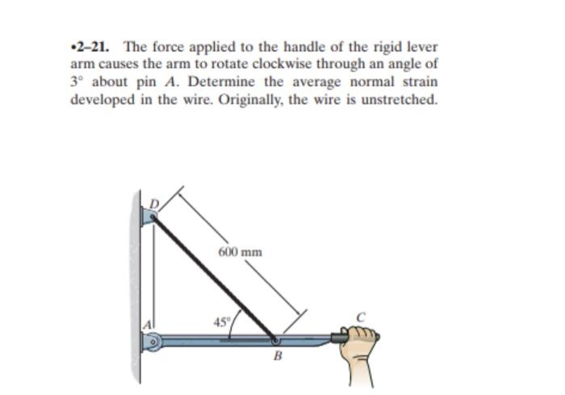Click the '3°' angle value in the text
tap(77, 82)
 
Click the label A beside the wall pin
tap(148, 324)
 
